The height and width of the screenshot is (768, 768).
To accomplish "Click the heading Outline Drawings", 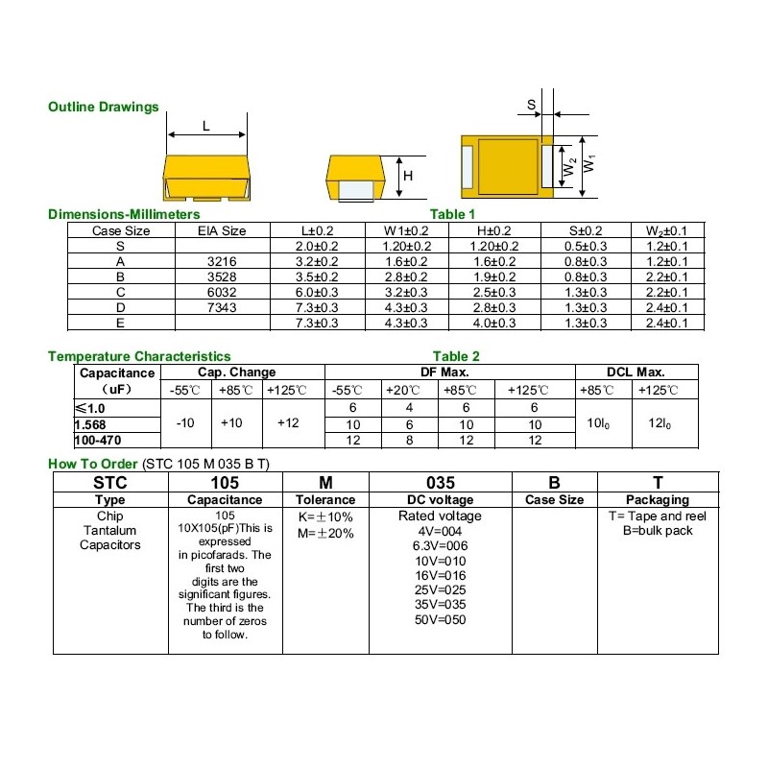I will coord(104,108).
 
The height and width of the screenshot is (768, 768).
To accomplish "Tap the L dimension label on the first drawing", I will coord(206,126).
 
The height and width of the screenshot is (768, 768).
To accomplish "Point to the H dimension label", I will coord(407,177).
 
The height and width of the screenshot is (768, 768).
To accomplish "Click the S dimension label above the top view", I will coord(531,105).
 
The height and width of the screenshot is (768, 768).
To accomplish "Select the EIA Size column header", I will coord(222,230).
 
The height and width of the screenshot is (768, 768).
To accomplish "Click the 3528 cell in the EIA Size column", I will coord(222,276).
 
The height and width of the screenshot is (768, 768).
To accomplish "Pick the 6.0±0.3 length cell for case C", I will coord(319,292).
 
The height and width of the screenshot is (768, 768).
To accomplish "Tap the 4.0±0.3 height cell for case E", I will coord(495,323).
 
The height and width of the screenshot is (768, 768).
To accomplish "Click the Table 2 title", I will coord(456,356).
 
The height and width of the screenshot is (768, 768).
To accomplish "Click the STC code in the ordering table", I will coord(109,483).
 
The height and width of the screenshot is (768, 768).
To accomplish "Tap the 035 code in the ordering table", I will coord(440,483).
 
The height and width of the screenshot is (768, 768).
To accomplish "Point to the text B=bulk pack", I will coord(658,531).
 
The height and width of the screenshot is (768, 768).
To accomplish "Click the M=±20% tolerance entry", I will coord(326,534).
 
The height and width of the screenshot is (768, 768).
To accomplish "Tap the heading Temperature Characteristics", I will coord(139,356).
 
